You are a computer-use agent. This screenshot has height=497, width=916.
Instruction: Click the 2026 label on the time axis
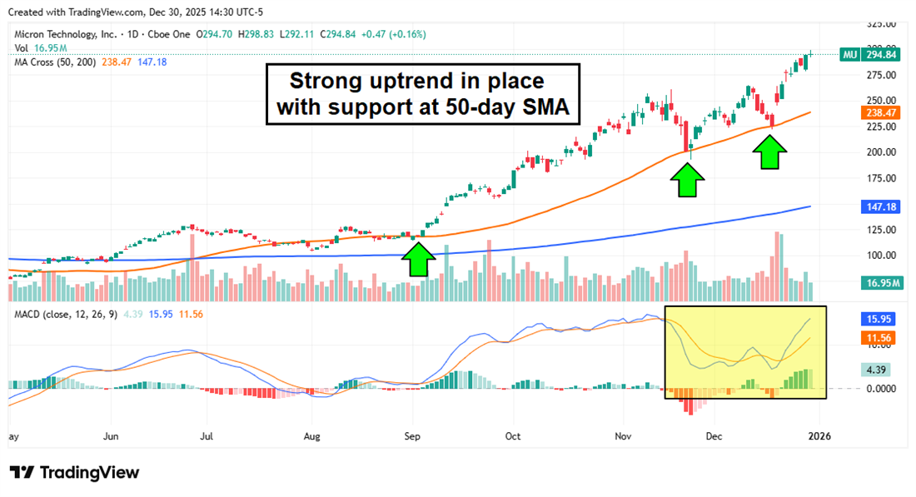[x=820, y=436]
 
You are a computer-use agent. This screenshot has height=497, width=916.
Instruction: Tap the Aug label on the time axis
[x=311, y=436]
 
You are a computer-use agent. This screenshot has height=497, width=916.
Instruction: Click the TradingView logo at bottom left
[x=75, y=472]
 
